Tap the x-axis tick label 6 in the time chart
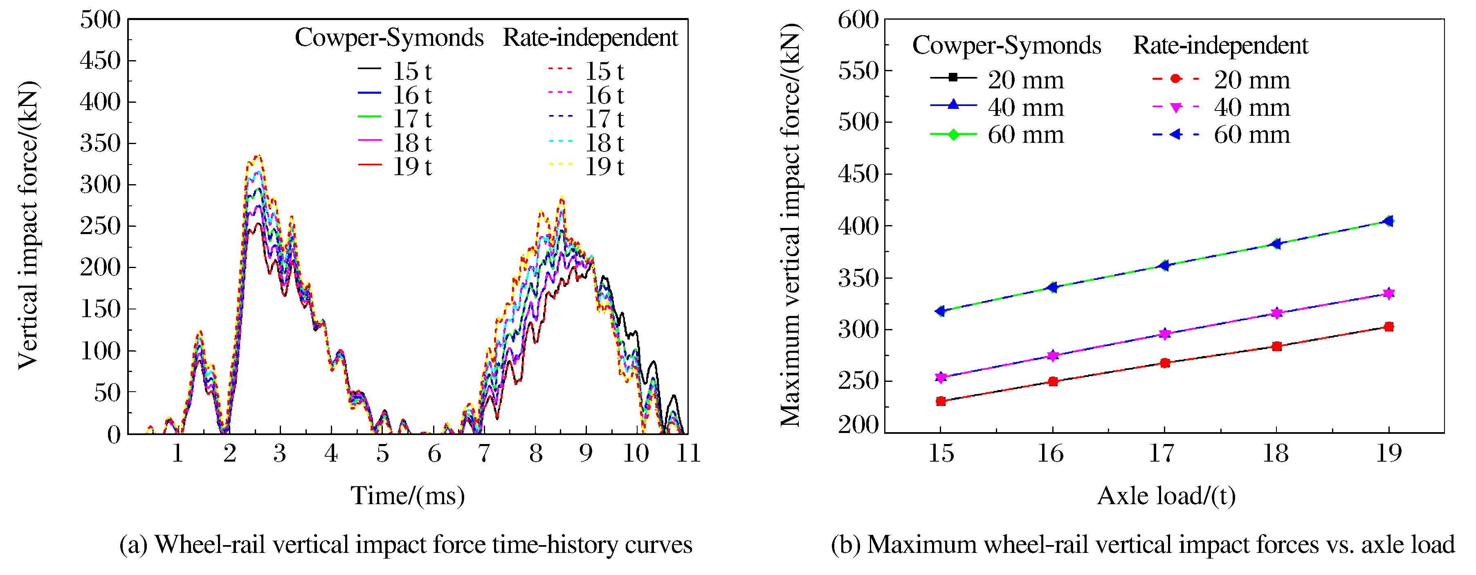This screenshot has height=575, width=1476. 434,454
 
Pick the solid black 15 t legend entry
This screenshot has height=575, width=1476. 395,71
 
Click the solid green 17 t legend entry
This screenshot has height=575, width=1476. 395,119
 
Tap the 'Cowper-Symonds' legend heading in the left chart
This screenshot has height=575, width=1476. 389,38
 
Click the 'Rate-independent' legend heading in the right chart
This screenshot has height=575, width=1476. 1220,46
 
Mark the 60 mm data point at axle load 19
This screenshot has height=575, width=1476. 1388,221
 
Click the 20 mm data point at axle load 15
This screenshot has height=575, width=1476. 940,401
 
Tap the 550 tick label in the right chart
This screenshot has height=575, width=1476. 858,71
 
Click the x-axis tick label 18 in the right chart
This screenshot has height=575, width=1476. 1276,454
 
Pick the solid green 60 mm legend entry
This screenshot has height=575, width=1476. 997,135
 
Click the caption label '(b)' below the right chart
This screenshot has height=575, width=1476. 846,545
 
